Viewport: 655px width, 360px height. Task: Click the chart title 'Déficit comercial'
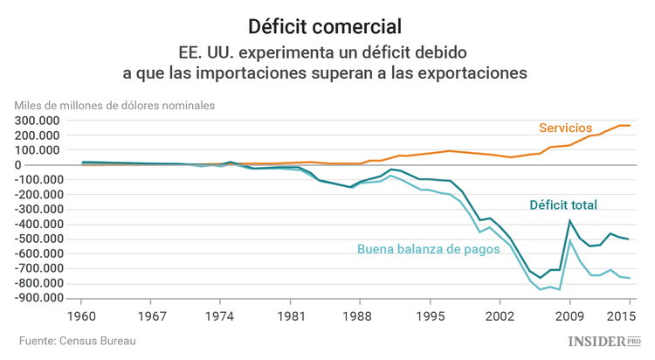pos(327,24)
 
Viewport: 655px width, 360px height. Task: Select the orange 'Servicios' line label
pos(565,128)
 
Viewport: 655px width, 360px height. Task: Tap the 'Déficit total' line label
pos(563,205)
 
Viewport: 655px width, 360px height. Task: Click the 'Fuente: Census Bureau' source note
pos(78,340)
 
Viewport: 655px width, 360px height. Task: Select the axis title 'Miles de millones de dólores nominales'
pos(114,105)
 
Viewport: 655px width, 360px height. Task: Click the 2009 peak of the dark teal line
pos(570,221)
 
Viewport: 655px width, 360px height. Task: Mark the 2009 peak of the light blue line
pos(570,240)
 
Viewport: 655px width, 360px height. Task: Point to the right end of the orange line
pos(630,126)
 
